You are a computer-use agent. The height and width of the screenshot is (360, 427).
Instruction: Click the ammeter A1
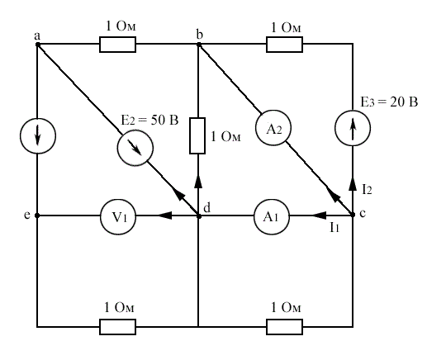(272, 216)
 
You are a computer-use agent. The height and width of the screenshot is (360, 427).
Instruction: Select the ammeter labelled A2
(273, 128)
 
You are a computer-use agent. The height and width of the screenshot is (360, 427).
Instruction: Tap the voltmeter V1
(118, 216)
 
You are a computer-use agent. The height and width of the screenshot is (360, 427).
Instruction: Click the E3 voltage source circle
(353, 128)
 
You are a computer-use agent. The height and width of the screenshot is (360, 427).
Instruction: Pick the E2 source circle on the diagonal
(135, 148)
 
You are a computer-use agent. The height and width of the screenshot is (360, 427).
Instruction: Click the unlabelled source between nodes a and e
(38, 135)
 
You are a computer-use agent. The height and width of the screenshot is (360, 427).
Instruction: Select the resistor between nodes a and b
(117, 45)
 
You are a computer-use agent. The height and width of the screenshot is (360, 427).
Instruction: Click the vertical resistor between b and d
(197, 135)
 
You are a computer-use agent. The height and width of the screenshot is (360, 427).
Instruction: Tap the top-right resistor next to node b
(284, 45)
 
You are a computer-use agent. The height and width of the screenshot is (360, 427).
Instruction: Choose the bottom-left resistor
(117, 327)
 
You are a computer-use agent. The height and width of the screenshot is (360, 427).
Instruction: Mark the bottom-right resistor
(284, 327)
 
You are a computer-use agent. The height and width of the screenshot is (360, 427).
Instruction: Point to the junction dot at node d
(199, 216)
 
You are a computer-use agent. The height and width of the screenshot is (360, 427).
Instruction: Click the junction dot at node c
(353, 215)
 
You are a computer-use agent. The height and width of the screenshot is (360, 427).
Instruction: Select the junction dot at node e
(37, 216)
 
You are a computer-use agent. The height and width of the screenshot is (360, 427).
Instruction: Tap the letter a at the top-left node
(37, 36)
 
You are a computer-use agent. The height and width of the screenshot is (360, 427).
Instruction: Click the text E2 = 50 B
(149, 121)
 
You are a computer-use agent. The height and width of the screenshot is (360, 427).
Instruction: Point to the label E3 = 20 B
(389, 102)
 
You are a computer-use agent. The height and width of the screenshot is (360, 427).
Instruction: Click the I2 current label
(367, 189)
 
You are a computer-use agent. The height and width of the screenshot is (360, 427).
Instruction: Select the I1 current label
(334, 227)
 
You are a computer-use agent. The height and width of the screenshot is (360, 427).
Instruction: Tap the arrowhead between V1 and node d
(164, 216)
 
